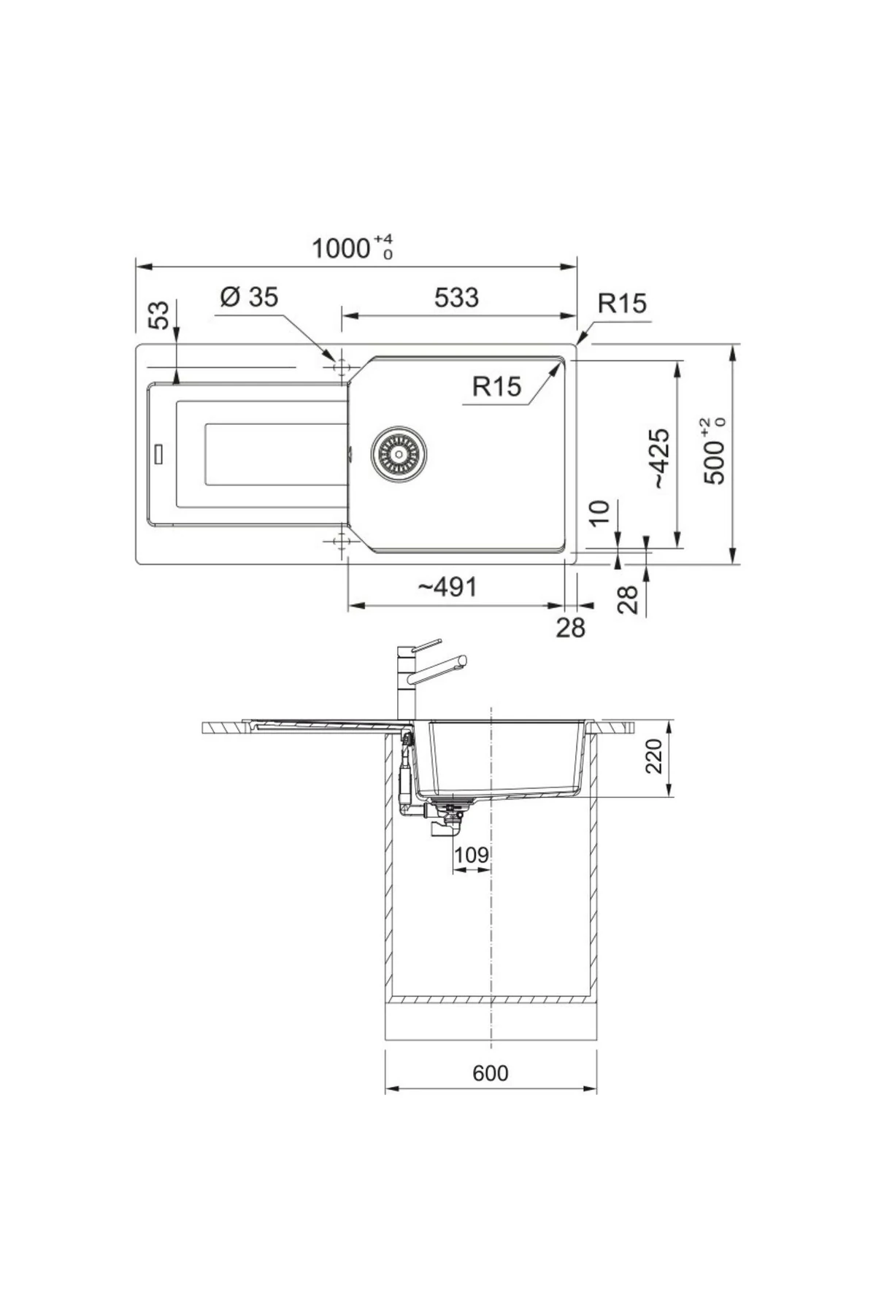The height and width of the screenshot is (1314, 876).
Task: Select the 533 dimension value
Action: pyautogui.click(x=456, y=298)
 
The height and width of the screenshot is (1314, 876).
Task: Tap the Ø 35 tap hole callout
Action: pyautogui.click(x=249, y=297)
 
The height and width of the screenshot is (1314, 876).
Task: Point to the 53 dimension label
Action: pyautogui.click(x=159, y=315)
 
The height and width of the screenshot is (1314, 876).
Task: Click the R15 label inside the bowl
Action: pyautogui.click(x=496, y=386)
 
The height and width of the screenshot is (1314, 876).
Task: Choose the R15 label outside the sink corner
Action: pyautogui.click(x=622, y=303)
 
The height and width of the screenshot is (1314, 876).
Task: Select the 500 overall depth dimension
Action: pyautogui.click(x=715, y=453)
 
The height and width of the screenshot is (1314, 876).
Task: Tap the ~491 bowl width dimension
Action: pyautogui.click(x=447, y=586)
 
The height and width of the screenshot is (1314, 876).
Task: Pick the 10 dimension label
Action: pyautogui.click(x=599, y=513)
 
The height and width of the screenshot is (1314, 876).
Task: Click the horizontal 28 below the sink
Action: pyautogui.click(x=570, y=626)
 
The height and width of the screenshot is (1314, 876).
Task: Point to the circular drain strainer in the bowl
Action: pyautogui.click(x=398, y=454)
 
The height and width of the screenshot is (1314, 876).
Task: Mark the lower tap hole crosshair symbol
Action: pyautogui.click(x=339, y=542)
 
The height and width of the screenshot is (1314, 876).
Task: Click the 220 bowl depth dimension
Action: pyautogui.click(x=653, y=756)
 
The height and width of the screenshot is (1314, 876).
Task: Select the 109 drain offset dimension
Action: pyautogui.click(x=471, y=854)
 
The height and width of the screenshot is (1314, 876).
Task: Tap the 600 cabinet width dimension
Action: pyautogui.click(x=490, y=1073)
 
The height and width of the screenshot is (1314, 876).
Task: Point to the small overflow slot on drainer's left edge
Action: pyautogui.click(x=158, y=454)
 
